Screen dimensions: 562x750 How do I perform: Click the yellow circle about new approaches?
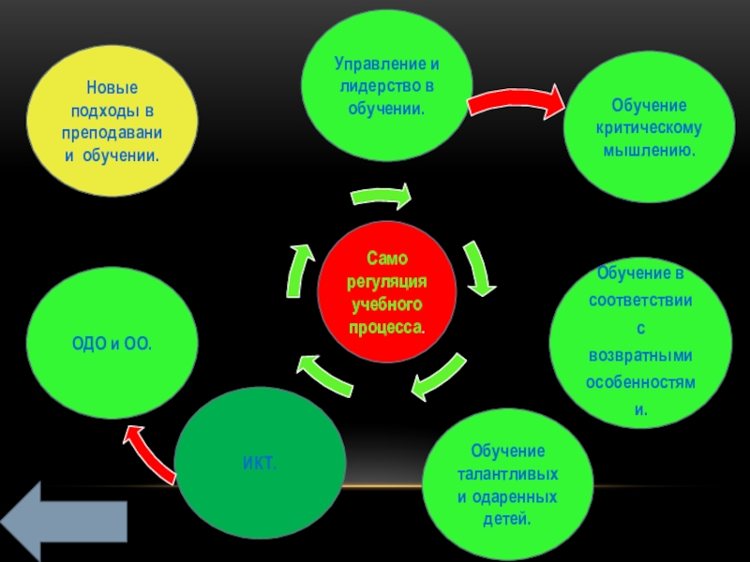tap(112, 120)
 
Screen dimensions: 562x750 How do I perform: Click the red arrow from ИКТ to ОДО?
tap(150, 449)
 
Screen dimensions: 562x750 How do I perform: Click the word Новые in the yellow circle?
tap(112, 87)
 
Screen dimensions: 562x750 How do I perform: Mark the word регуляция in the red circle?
tap(387, 282)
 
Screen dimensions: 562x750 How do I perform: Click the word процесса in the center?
tap(386, 328)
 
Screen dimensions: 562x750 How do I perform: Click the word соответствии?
tap(640, 302)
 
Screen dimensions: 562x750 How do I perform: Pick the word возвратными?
tap(640, 357)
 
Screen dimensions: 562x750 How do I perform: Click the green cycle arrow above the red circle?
tap(382, 198)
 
